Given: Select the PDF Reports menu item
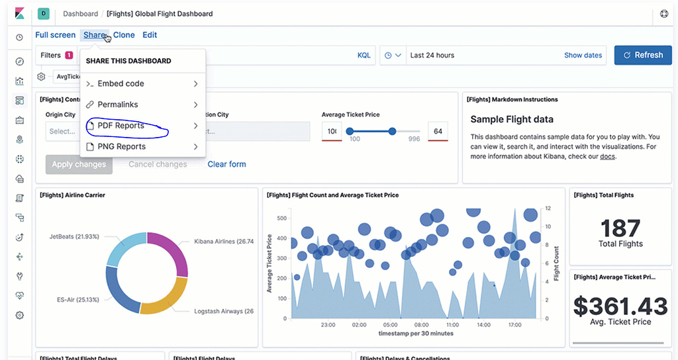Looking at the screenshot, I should click(121, 126).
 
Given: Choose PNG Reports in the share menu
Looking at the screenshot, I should click(121, 146).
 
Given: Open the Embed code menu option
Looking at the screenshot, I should click(121, 83).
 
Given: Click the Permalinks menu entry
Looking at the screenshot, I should click(117, 105).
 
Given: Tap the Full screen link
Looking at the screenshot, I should click(55, 35).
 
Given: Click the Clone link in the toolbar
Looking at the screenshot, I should click(124, 35).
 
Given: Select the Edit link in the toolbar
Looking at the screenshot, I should click(150, 35).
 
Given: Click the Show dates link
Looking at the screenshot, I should click(583, 56).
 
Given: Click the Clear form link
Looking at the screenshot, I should click(226, 164).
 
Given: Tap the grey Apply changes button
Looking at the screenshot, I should click(79, 164).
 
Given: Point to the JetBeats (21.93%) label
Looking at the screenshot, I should click(74, 236).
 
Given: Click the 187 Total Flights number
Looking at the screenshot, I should click(621, 228).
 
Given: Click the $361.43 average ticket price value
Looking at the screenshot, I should click(620, 306).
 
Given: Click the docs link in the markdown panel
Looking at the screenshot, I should click(608, 157).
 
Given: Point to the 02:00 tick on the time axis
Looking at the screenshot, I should click(359, 325).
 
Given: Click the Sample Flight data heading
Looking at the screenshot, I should click(512, 120).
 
